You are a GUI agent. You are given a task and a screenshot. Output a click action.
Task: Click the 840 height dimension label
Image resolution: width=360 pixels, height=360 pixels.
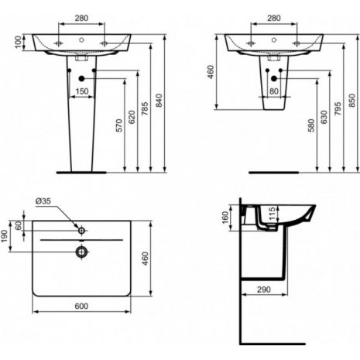(159, 100)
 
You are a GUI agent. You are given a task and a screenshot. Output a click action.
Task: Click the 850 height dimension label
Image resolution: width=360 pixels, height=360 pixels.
(352, 100)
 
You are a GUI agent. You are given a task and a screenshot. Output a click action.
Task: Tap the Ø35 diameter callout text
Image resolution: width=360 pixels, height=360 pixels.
(43, 201)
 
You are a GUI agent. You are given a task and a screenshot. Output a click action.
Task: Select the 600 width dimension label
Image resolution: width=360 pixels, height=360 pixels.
(81, 306)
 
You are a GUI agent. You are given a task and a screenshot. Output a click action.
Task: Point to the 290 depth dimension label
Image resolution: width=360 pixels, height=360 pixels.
(264, 290)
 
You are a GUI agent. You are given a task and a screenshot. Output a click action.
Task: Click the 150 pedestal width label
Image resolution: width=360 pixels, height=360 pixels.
(82, 91)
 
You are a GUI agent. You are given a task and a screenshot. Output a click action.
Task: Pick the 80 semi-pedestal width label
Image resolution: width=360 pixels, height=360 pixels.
(274, 91)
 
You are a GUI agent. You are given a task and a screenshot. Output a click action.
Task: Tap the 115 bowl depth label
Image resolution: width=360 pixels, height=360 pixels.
(272, 214)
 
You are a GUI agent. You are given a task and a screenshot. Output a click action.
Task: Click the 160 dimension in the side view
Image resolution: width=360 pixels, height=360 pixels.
(225, 218)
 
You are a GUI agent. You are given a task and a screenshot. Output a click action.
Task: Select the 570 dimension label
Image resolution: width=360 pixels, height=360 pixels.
(119, 125)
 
